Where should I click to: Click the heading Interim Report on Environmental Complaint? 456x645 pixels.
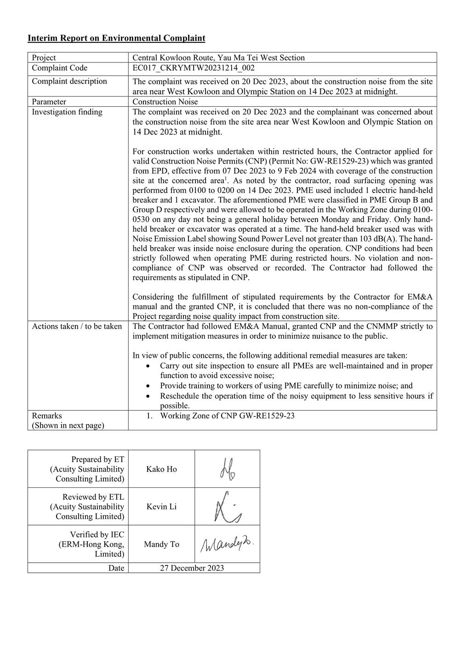[x=116, y=38]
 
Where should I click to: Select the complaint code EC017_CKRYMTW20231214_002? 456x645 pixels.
[x=194, y=68]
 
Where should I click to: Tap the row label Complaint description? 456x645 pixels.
[x=69, y=81]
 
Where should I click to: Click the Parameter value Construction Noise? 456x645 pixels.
[x=165, y=102]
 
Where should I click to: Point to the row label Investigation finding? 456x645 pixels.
[x=67, y=112]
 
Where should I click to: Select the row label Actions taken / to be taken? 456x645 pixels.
[x=77, y=326]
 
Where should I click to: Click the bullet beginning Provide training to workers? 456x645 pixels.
[x=286, y=386]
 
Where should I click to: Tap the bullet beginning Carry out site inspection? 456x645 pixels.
[x=296, y=366]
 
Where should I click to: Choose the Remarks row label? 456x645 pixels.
[x=47, y=416]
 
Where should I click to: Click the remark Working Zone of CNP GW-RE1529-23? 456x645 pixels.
[x=227, y=416]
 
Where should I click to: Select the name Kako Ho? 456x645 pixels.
[x=161, y=469]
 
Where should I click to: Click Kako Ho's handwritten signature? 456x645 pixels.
[x=227, y=469]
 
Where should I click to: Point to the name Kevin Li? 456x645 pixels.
[x=161, y=507]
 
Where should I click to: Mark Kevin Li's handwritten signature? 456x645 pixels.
[x=227, y=507]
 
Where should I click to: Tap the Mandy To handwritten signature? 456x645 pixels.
[x=227, y=544]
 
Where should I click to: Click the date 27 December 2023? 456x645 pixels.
[x=192, y=568]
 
